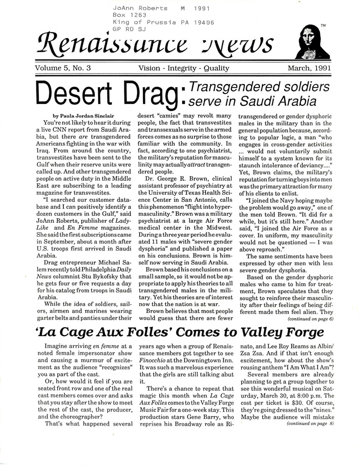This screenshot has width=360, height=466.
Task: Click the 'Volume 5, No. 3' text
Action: tap(62, 68)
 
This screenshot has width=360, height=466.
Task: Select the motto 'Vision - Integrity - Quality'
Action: tap(183, 68)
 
